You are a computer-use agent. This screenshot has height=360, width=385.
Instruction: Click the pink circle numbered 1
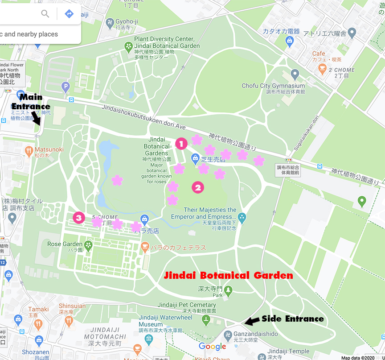(181, 143)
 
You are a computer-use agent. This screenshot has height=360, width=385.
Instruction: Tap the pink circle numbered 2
(198, 187)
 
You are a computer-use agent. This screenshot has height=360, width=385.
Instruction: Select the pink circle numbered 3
(79, 218)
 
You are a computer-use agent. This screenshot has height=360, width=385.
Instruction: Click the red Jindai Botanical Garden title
(229, 275)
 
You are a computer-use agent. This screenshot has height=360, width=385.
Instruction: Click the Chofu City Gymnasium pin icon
(294, 73)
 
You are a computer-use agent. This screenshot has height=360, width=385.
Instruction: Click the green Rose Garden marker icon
(89, 244)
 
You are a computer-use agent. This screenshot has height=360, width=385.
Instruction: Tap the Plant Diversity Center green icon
(128, 46)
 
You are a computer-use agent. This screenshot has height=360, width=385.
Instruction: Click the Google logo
(213, 347)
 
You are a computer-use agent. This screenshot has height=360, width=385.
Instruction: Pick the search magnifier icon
(45, 14)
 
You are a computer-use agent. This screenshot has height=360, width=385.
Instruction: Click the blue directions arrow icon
(69, 14)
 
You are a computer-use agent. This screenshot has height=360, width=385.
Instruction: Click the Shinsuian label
(72, 306)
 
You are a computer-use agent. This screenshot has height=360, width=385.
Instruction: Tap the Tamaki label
(39, 309)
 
